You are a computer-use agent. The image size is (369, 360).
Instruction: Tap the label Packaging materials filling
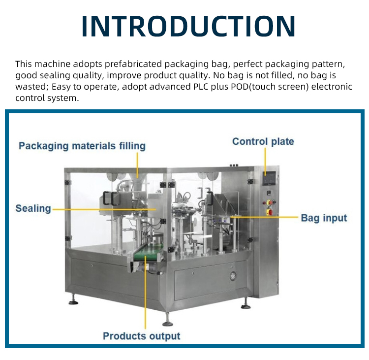82,146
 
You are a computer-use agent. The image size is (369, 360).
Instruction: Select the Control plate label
263,141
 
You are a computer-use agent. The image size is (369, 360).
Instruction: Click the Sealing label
33,208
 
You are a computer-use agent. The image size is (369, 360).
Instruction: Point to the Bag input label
324,218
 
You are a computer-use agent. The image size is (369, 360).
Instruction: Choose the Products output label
141,336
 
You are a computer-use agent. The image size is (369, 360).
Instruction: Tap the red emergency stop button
270,212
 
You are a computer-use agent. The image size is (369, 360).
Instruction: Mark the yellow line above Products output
146,295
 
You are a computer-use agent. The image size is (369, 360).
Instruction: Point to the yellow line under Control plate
266,160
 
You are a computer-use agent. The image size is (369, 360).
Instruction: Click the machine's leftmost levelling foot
73,300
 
